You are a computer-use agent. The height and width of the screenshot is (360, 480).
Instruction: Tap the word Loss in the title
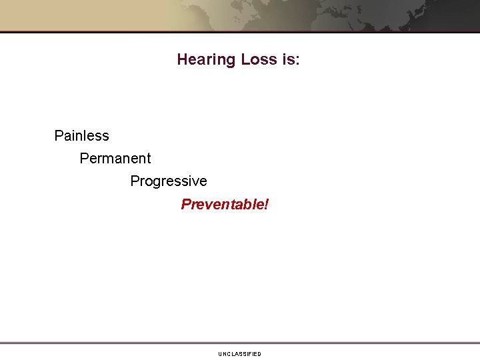tap(258, 60)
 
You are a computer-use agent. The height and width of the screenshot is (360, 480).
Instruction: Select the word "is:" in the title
tap(290, 60)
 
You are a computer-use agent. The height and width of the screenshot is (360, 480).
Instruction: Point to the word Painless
tap(81, 136)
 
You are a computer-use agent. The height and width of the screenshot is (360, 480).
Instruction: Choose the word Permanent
tap(115, 159)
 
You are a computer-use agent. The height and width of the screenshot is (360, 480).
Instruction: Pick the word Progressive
tap(169, 181)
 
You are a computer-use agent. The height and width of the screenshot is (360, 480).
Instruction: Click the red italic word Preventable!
tap(225, 204)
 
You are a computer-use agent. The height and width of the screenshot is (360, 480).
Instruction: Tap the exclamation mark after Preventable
tap(266, 204)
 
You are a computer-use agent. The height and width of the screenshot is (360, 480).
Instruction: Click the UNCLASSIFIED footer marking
tap(239, 354)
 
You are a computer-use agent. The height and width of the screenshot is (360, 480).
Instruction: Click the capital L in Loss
tap(245, 60)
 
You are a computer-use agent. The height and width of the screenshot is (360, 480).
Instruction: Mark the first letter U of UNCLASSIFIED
tap(220, 354)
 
